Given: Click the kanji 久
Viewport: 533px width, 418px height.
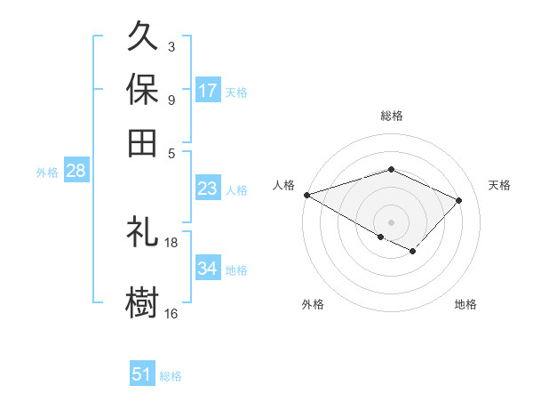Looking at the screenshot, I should tap(143, 38).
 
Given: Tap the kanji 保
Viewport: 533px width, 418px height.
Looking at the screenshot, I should tap(143, 91).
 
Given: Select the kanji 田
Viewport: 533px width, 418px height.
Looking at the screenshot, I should tap(143, 142).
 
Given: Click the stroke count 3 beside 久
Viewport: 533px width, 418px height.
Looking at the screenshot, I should tap(171, 46).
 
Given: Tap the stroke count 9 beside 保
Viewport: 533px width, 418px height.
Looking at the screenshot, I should tap(171, 100).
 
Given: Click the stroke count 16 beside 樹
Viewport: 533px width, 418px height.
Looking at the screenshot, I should tap(171, 313).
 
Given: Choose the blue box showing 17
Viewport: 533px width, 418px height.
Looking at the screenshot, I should tap(208, 91).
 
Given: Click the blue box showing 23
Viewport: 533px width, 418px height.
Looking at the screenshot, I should tap(208, 189).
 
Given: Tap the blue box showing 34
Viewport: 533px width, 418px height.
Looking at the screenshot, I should tap(208, 269).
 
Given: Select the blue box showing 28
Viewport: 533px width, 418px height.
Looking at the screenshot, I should tap(76, 172).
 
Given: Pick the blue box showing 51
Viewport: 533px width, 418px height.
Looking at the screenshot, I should tap(142, 375).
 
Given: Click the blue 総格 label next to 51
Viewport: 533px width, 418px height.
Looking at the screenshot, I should tap(171, 376).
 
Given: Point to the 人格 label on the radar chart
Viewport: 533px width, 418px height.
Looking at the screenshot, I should tap(284, 185).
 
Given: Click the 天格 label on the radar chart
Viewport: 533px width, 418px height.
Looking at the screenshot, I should tap(499, 185).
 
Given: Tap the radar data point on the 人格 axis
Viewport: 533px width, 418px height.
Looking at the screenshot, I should tap(306, 195).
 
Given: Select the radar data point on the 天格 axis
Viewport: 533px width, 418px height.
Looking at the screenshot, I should tap(459, 200).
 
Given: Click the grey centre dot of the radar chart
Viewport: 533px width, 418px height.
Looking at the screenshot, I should tap(391, 221).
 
